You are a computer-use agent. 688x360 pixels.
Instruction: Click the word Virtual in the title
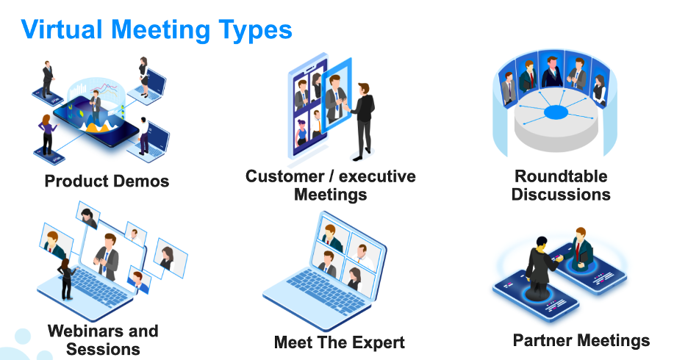coord(62,29)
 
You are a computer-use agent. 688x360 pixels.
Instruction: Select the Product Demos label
coord(107,181)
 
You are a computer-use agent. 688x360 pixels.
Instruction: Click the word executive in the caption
coord(377,176)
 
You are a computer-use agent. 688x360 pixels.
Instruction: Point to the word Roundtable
coord(561,176)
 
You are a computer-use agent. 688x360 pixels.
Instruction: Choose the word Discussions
coord(561,194)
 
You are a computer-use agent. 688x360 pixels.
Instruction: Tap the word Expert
coord(379,343)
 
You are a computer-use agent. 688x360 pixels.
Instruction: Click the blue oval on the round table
coord(556,112)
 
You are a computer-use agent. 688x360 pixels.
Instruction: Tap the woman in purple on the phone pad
coord(46,134)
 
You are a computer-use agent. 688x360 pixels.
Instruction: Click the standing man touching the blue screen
coord(362,121)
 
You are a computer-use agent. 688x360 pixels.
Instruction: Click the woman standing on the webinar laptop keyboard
coord(67,279)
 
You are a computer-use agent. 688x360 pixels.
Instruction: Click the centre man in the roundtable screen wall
coord(552,72)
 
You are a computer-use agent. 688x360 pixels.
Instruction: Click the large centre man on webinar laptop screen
coord(107,257)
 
